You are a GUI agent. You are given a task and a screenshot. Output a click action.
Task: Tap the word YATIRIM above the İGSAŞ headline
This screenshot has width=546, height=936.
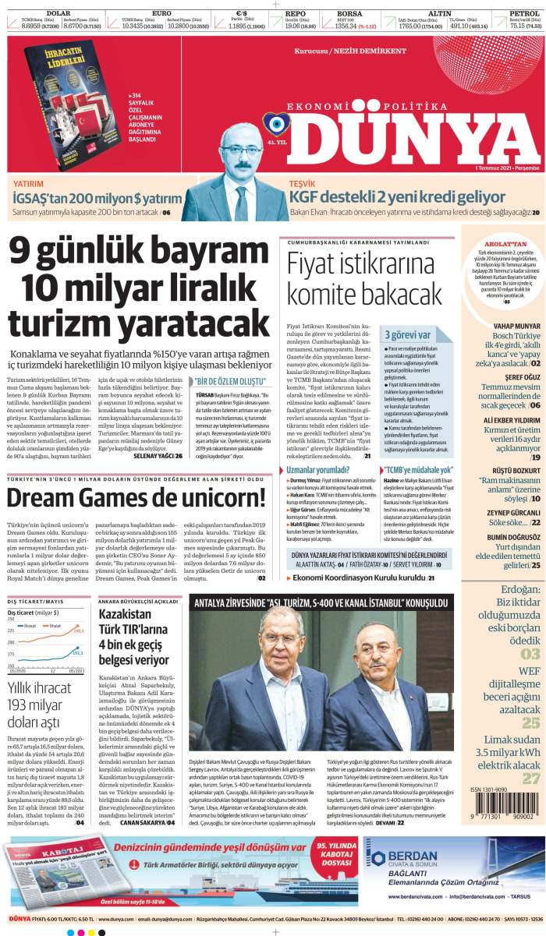(28, 184)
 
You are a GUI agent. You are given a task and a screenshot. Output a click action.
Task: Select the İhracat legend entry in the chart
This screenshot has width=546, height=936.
(29, 647)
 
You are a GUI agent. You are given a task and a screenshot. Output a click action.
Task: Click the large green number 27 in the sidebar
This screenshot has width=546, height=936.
(530, 778)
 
